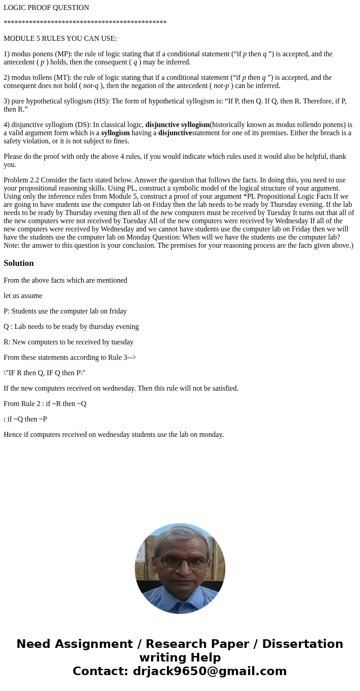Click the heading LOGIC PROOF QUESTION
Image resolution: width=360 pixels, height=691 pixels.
pos(46,8)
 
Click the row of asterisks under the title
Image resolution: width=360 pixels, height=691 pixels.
pos(85,23)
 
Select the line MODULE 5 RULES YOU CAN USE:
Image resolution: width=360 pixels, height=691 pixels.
pos(60,39)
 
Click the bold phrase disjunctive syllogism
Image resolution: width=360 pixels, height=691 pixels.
pos(177,125)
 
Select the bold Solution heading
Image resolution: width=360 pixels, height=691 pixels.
pos(19,263)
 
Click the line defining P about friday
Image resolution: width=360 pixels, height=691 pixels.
pos(65,311)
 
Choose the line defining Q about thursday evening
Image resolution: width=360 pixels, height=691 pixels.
pos(71,327)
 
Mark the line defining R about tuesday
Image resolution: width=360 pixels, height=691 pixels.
pos(68,342)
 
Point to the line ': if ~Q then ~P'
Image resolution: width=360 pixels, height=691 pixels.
pos(25,419)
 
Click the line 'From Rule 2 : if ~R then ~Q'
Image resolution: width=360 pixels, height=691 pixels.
pos(45,404)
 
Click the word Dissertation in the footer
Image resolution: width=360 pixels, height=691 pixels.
pos(302,644)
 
